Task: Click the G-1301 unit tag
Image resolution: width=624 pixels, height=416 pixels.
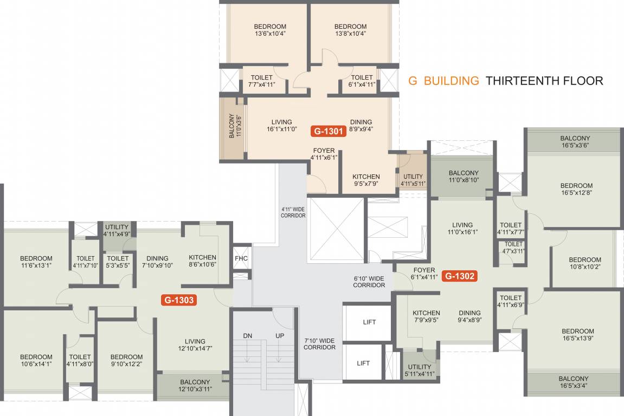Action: (x=328, y=131)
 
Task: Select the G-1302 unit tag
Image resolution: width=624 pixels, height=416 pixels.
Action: (x=460, y=276)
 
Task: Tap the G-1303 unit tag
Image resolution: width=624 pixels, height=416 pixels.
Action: (x=178, y=299)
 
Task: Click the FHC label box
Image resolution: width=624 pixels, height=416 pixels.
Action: (x=241, y=258)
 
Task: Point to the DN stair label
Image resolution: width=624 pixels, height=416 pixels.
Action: (x=248, y=336)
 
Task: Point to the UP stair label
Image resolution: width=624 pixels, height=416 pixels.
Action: (x=280, y=336)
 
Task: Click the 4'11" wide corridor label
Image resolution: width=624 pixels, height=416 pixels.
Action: (x=293, y=212)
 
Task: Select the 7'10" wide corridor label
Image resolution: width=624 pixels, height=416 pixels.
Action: (x=319, y=344)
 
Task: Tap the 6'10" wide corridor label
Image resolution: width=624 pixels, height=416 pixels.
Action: (x=369, y=281)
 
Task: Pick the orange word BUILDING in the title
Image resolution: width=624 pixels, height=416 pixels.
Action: (x=452, y=81)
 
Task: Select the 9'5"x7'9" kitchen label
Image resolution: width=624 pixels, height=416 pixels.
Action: (x=366, y=180)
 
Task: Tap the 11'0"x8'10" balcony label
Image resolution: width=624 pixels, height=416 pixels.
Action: (x=464, y=177)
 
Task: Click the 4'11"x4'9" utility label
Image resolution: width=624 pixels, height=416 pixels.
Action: (x=117, y=231)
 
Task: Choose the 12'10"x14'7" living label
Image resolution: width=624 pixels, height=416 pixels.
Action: (x=195, y=344)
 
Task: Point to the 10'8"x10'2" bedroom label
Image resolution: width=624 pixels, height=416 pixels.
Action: (x=585, y=263)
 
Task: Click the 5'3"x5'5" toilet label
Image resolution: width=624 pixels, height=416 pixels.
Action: (x=118, y=262)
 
